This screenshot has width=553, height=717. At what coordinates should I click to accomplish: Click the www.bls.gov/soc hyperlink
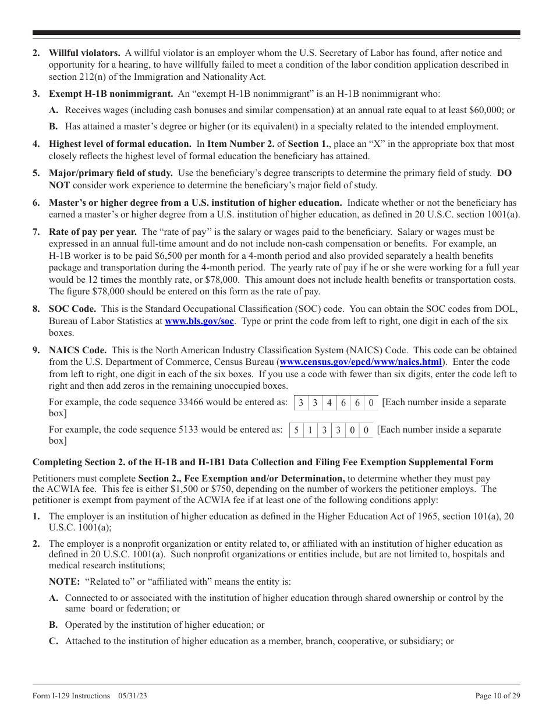click(199, 321)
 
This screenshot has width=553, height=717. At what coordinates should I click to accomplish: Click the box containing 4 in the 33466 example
click(329, 403)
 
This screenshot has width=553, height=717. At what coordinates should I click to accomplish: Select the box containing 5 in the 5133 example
click(296, 431)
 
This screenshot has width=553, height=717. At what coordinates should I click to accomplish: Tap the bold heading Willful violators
click(84, 53)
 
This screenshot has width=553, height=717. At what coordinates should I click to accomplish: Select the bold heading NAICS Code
click(77, 350)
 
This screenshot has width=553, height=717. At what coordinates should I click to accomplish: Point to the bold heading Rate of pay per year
click(93, 232)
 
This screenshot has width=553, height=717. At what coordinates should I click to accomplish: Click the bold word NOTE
click(64, 581)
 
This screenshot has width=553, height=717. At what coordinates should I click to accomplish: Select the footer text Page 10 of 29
click(498, 695)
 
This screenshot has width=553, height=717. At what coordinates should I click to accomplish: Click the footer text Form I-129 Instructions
click(71, 695)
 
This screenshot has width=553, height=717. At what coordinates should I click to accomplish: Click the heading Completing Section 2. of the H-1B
click(263, 462)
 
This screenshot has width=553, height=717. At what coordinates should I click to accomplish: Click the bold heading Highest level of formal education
click(119, 143)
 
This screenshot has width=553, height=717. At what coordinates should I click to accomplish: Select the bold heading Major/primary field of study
click(111, 173)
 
